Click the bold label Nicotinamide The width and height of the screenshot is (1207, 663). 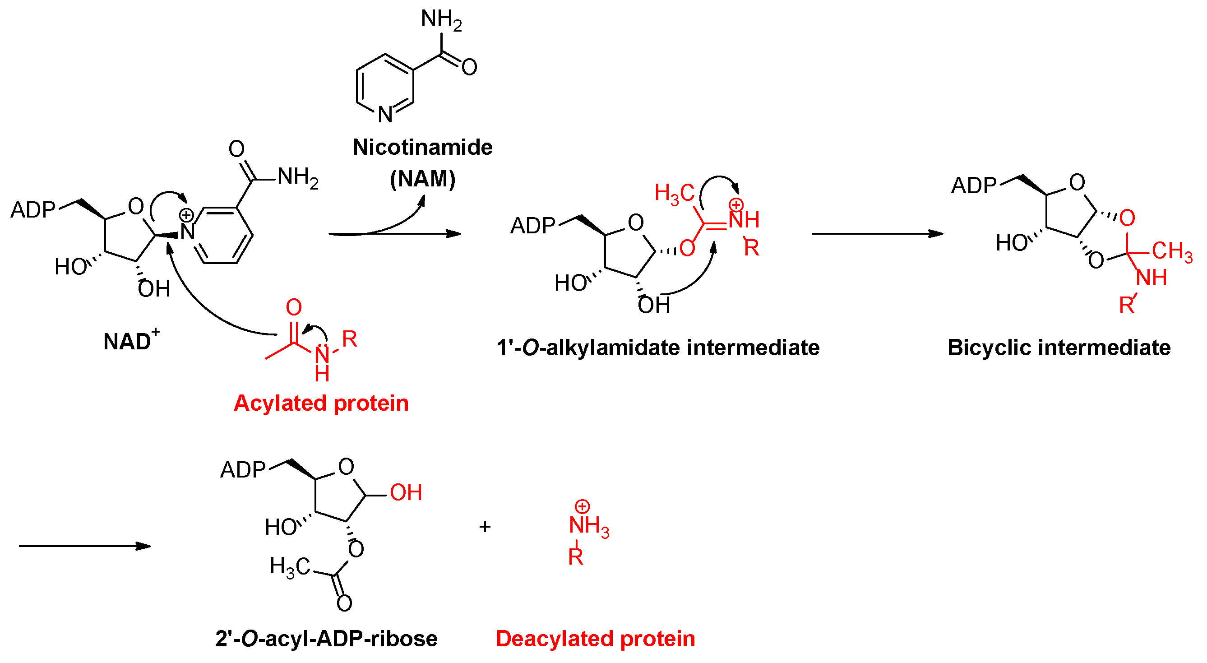click(x=423, y=148)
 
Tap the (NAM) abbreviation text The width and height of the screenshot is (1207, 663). click(x=423, y=179)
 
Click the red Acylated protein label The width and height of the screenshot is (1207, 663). click(x=321, y=403)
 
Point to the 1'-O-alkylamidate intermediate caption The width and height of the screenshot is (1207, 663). click(x=658, y=348)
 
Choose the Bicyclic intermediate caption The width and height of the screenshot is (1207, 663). click(x=1059, y=348)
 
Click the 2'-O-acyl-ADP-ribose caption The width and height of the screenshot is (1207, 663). click(x=326, y=639)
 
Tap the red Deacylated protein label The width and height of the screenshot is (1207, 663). click(x=595, y=639)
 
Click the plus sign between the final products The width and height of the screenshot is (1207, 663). click(x=485, y=527)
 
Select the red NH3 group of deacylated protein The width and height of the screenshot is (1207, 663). click(x=588, y=526)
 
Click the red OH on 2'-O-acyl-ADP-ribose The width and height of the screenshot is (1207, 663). click(x=406, y=492)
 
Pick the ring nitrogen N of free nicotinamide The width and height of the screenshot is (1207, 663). click(x=385, y=115)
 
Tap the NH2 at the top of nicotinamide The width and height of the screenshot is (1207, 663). click(x=441, y=20)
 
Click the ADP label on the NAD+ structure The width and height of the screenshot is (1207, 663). click(x=33, y=210)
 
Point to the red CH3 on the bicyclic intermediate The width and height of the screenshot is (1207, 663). click(x=1172, y=251)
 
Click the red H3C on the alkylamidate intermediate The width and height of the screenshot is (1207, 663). click(x=674, y=193)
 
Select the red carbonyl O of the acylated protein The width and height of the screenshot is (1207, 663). click(x=294, y=308)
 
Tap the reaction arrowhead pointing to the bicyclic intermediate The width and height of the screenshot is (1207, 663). click(x=936, y=233)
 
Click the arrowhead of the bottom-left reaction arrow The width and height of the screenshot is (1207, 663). click(x=143, y=546)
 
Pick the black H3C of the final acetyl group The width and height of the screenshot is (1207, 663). click(x=290, y=567)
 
